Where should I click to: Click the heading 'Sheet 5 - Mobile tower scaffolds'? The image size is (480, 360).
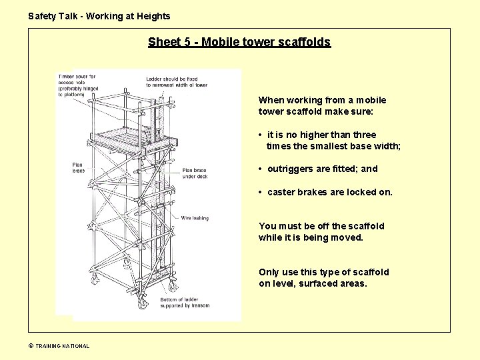click(239, 42)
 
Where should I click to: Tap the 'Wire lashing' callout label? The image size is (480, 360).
click(195, 218)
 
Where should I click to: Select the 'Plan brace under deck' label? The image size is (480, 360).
click(195, 173)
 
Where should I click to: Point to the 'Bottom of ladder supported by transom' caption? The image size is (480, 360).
click(185, 303)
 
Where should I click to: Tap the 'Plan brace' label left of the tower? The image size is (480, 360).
click(79, 167)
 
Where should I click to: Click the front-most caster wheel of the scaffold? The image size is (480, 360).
click(142, 303)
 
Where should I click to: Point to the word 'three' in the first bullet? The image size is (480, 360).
click(365, 135)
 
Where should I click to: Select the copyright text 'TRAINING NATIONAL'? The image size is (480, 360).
click(62, 346)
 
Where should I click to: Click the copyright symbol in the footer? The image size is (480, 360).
click(31, 346)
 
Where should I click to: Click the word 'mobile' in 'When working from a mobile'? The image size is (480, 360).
click(371, 100)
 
